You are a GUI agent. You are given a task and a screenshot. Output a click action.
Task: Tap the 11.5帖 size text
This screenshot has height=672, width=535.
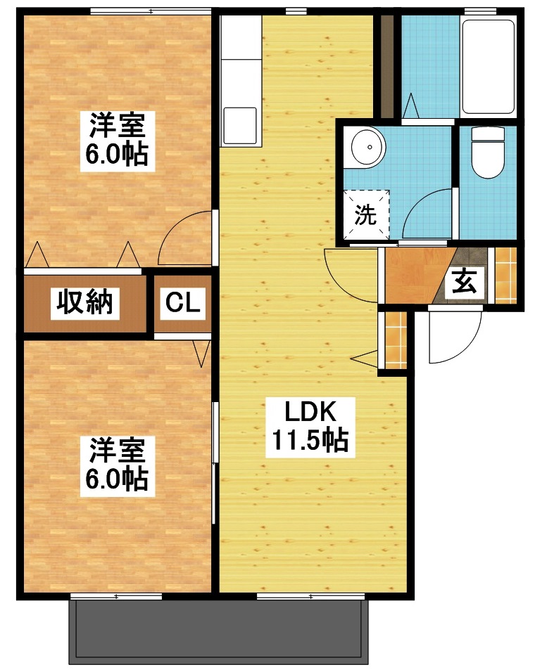tap(308, 441)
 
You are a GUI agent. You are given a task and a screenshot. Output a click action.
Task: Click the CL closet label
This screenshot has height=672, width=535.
tap(184, 304)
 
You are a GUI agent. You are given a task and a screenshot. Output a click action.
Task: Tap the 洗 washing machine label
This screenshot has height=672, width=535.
tap(365, 214)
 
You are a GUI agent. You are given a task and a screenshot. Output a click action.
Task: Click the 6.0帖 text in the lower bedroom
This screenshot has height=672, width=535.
tap(117, 479)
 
